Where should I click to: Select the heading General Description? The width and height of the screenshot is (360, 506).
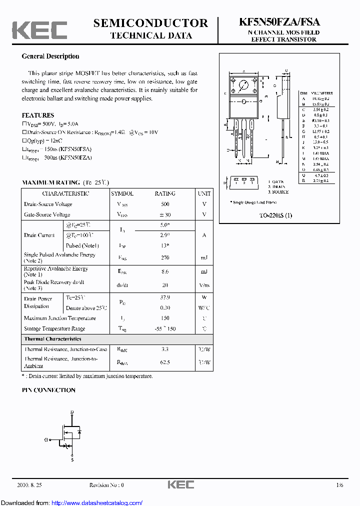click(x=50, y=56)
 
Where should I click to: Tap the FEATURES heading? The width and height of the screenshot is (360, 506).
click(x=37, y=115)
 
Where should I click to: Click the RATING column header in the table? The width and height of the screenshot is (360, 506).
click(x=165, y=193)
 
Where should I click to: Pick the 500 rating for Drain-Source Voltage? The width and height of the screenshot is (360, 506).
click(x=165, y=204)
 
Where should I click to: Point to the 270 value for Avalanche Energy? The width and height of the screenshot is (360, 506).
click(x=165, y=257)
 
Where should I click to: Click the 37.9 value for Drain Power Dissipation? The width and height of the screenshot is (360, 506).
click(x=165, y=298)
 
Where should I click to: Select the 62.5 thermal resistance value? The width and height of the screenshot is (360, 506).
click(x=165, y=362)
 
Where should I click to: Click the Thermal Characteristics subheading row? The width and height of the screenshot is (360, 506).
click(x=52, y=339)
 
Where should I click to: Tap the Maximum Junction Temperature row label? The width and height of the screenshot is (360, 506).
click(x=59, y=318)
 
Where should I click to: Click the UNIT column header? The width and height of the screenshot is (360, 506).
click(x=204, y=193)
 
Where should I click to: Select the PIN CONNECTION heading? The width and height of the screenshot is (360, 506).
click(x=48, y=390)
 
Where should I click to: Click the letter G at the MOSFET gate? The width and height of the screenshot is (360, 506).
click(x=46, y=440)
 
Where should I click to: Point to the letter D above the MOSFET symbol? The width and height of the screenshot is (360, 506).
click(x=72, y=412)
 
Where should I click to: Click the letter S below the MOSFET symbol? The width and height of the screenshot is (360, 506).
click(x=72, y=459)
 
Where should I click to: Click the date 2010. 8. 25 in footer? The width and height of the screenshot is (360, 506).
click(x=29, y=485)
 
